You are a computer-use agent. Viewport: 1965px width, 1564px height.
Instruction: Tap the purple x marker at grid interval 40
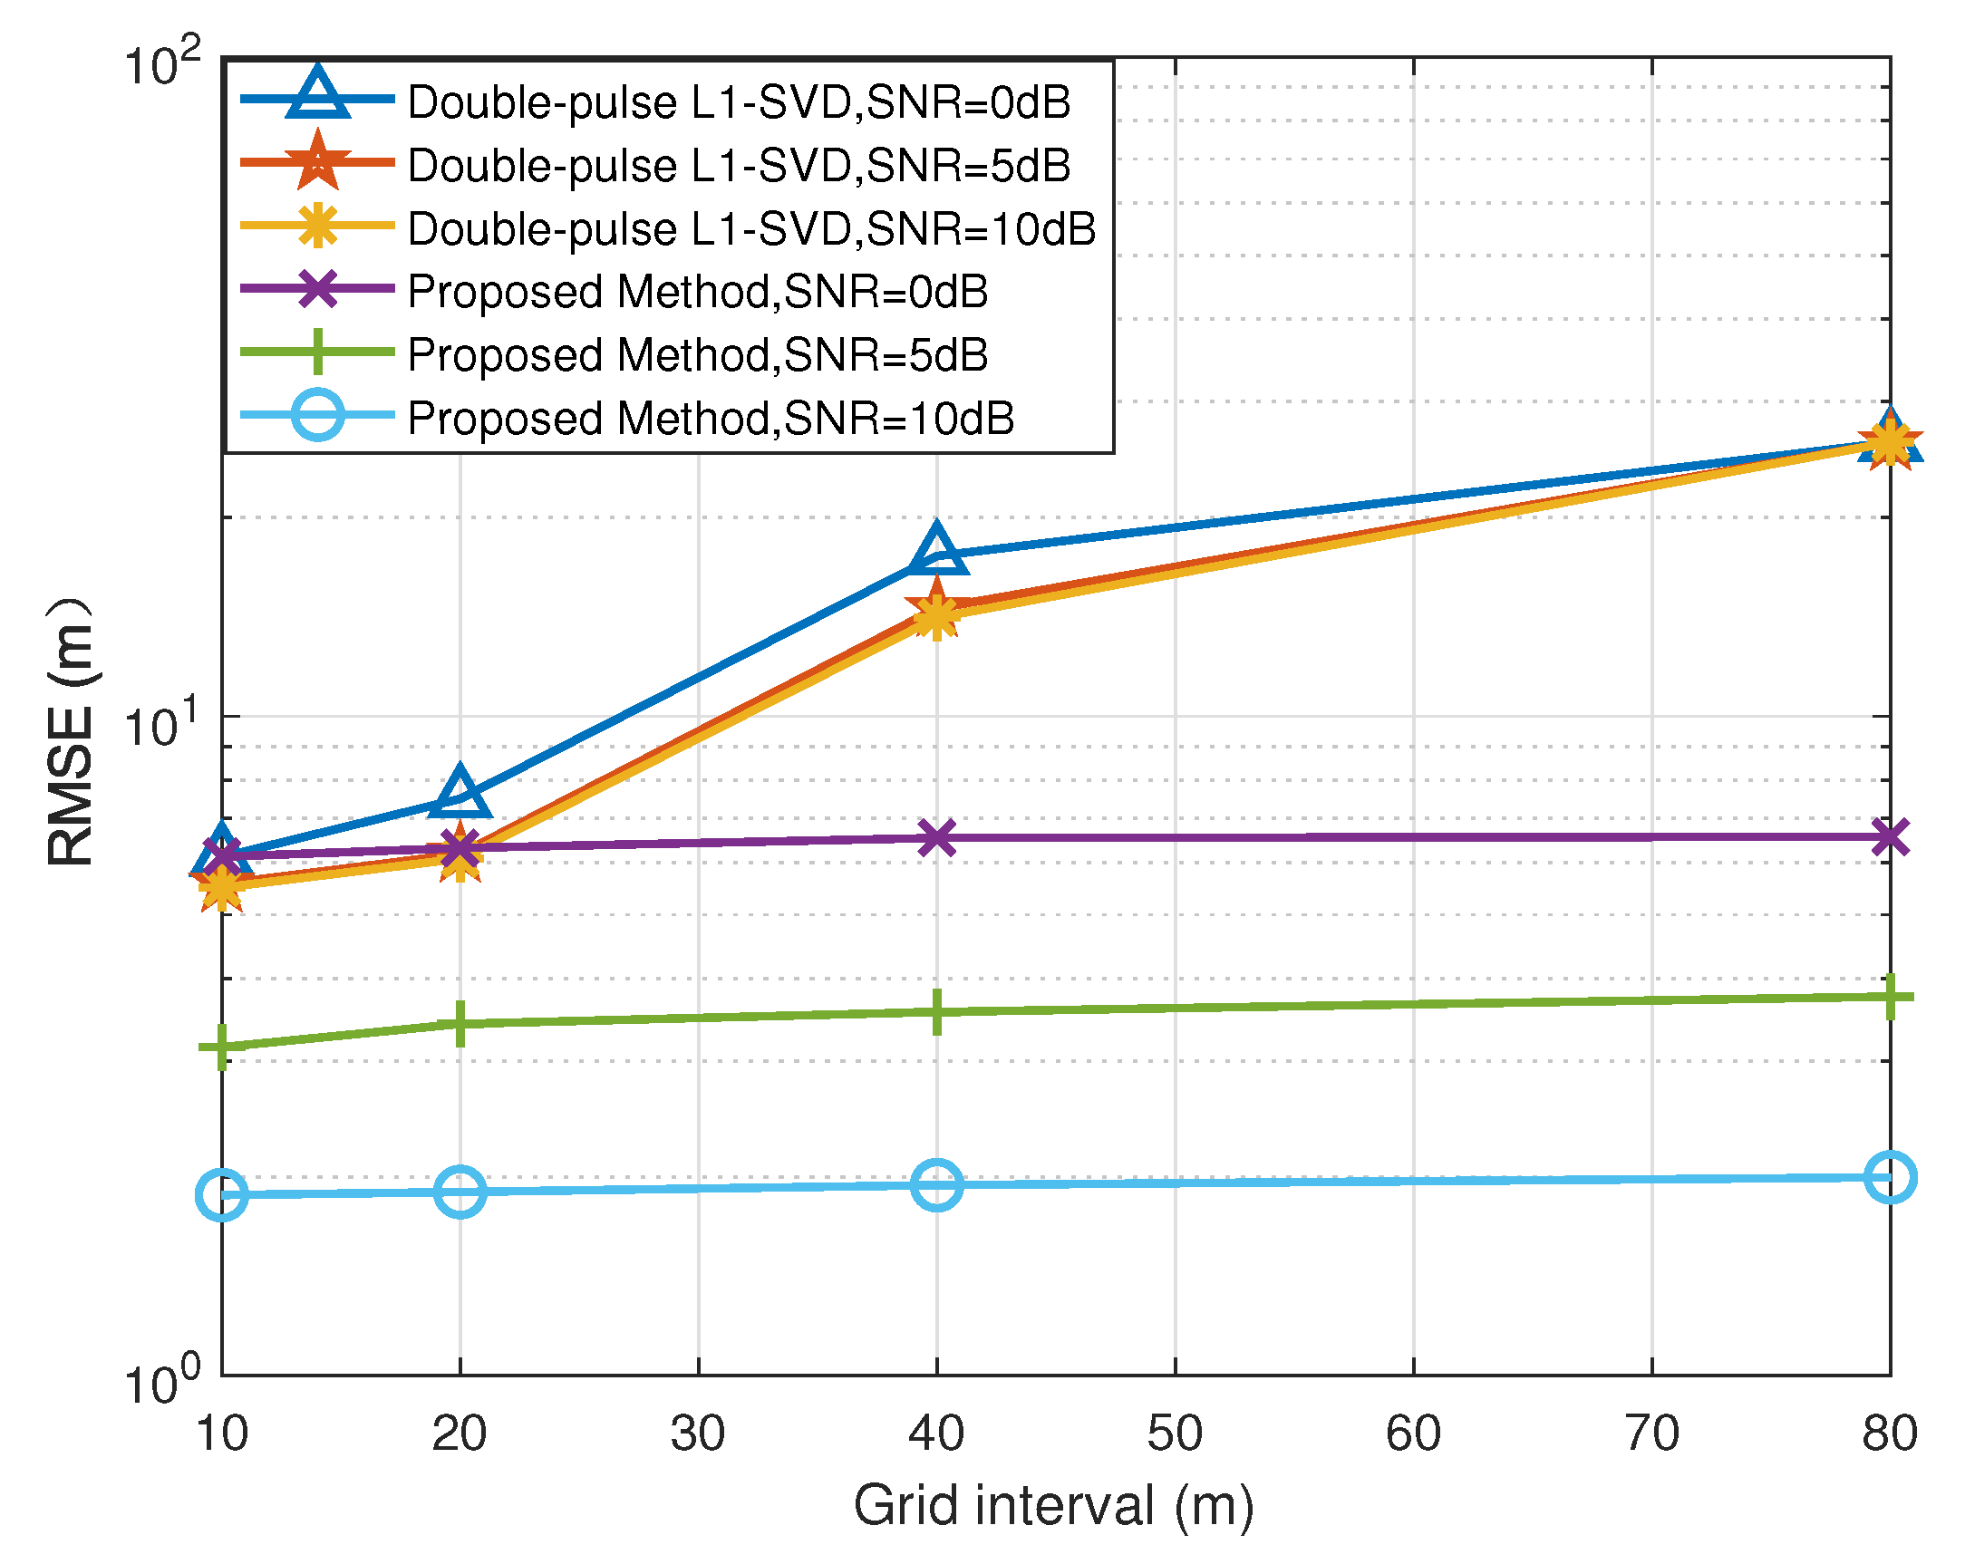click(937, 837)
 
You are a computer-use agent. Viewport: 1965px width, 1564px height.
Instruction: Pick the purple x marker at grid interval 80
click(1891, 837)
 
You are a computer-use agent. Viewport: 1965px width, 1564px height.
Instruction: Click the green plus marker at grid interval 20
click(460, 1024)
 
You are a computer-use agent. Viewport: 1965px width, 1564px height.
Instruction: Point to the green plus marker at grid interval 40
click(937, 1011)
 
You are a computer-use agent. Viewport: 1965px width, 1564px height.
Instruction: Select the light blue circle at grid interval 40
click(937, 1185)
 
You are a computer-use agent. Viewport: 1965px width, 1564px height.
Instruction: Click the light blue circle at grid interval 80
click(1891, 1178)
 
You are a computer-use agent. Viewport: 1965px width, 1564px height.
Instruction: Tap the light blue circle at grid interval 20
click(460, 1191)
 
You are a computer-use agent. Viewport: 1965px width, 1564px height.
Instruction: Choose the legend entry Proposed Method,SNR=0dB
click(697, 292)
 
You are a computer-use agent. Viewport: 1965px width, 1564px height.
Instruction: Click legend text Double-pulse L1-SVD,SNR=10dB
click(751, 228)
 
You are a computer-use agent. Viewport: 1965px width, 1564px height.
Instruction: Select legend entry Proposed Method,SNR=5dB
click(697, 354)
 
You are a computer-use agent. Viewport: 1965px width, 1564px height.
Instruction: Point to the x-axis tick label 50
click(1175, 1433)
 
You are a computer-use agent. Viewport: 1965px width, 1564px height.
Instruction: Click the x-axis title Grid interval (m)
click(1053, 1505)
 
